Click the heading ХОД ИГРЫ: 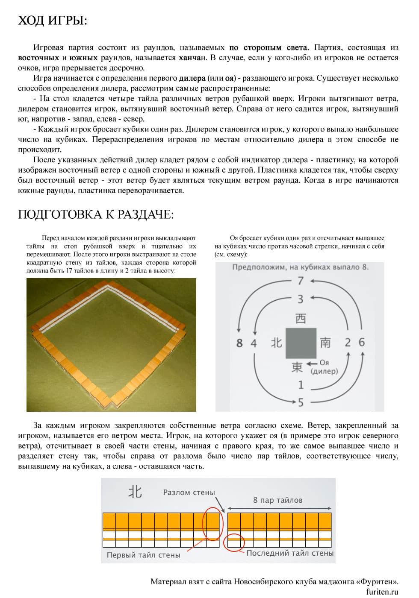point(53,20)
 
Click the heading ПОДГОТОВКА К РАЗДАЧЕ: point(96,214)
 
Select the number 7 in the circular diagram point(301,281)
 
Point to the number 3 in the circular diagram point(301,299)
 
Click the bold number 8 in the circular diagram point(239,343)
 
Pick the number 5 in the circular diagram point(301,402)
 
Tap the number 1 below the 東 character point(301,385)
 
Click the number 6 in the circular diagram point(362,342)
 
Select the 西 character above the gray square point(301,319)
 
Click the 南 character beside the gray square point(325,343)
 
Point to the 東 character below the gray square point(297,367)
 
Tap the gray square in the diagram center point(301,343)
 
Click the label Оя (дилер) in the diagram point(324,367)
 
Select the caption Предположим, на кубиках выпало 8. point(300,267)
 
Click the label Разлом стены point(189,492)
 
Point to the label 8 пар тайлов point(277,500)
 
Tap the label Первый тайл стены point(143,555)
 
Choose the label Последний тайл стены point(290,553)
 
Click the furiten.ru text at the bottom point(382,592)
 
